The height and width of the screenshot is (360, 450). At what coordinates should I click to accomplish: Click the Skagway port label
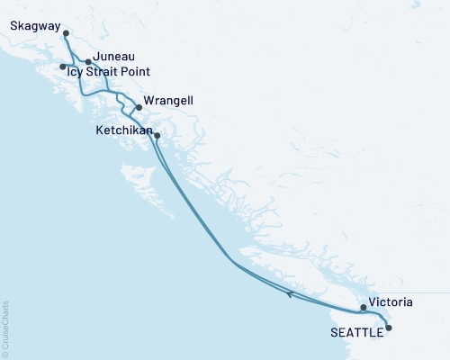pos(35,26)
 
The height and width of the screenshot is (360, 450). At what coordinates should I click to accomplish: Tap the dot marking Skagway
pos(66,33)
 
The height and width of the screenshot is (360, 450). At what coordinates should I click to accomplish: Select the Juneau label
pos(114,55)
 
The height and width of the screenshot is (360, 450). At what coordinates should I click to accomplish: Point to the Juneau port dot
pos(88,62)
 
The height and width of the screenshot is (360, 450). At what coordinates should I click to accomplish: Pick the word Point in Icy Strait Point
pos(134,71)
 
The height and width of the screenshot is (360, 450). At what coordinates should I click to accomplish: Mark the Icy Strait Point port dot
pos(62,67)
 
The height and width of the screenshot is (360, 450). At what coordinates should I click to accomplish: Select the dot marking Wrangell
pos(139,108)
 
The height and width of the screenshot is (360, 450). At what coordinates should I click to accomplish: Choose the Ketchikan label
pos(124,130)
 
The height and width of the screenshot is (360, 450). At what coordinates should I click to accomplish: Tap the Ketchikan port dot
pos(157,136)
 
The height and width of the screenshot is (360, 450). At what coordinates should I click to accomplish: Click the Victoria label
pos(391,303)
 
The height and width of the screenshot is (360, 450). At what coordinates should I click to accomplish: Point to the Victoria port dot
pos(364,308)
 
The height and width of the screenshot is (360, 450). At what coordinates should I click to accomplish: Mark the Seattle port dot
pos(389,328)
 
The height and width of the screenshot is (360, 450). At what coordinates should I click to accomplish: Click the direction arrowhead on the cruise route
pos(289,293)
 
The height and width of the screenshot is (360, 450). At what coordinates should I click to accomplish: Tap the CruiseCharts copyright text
pos(5,328)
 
